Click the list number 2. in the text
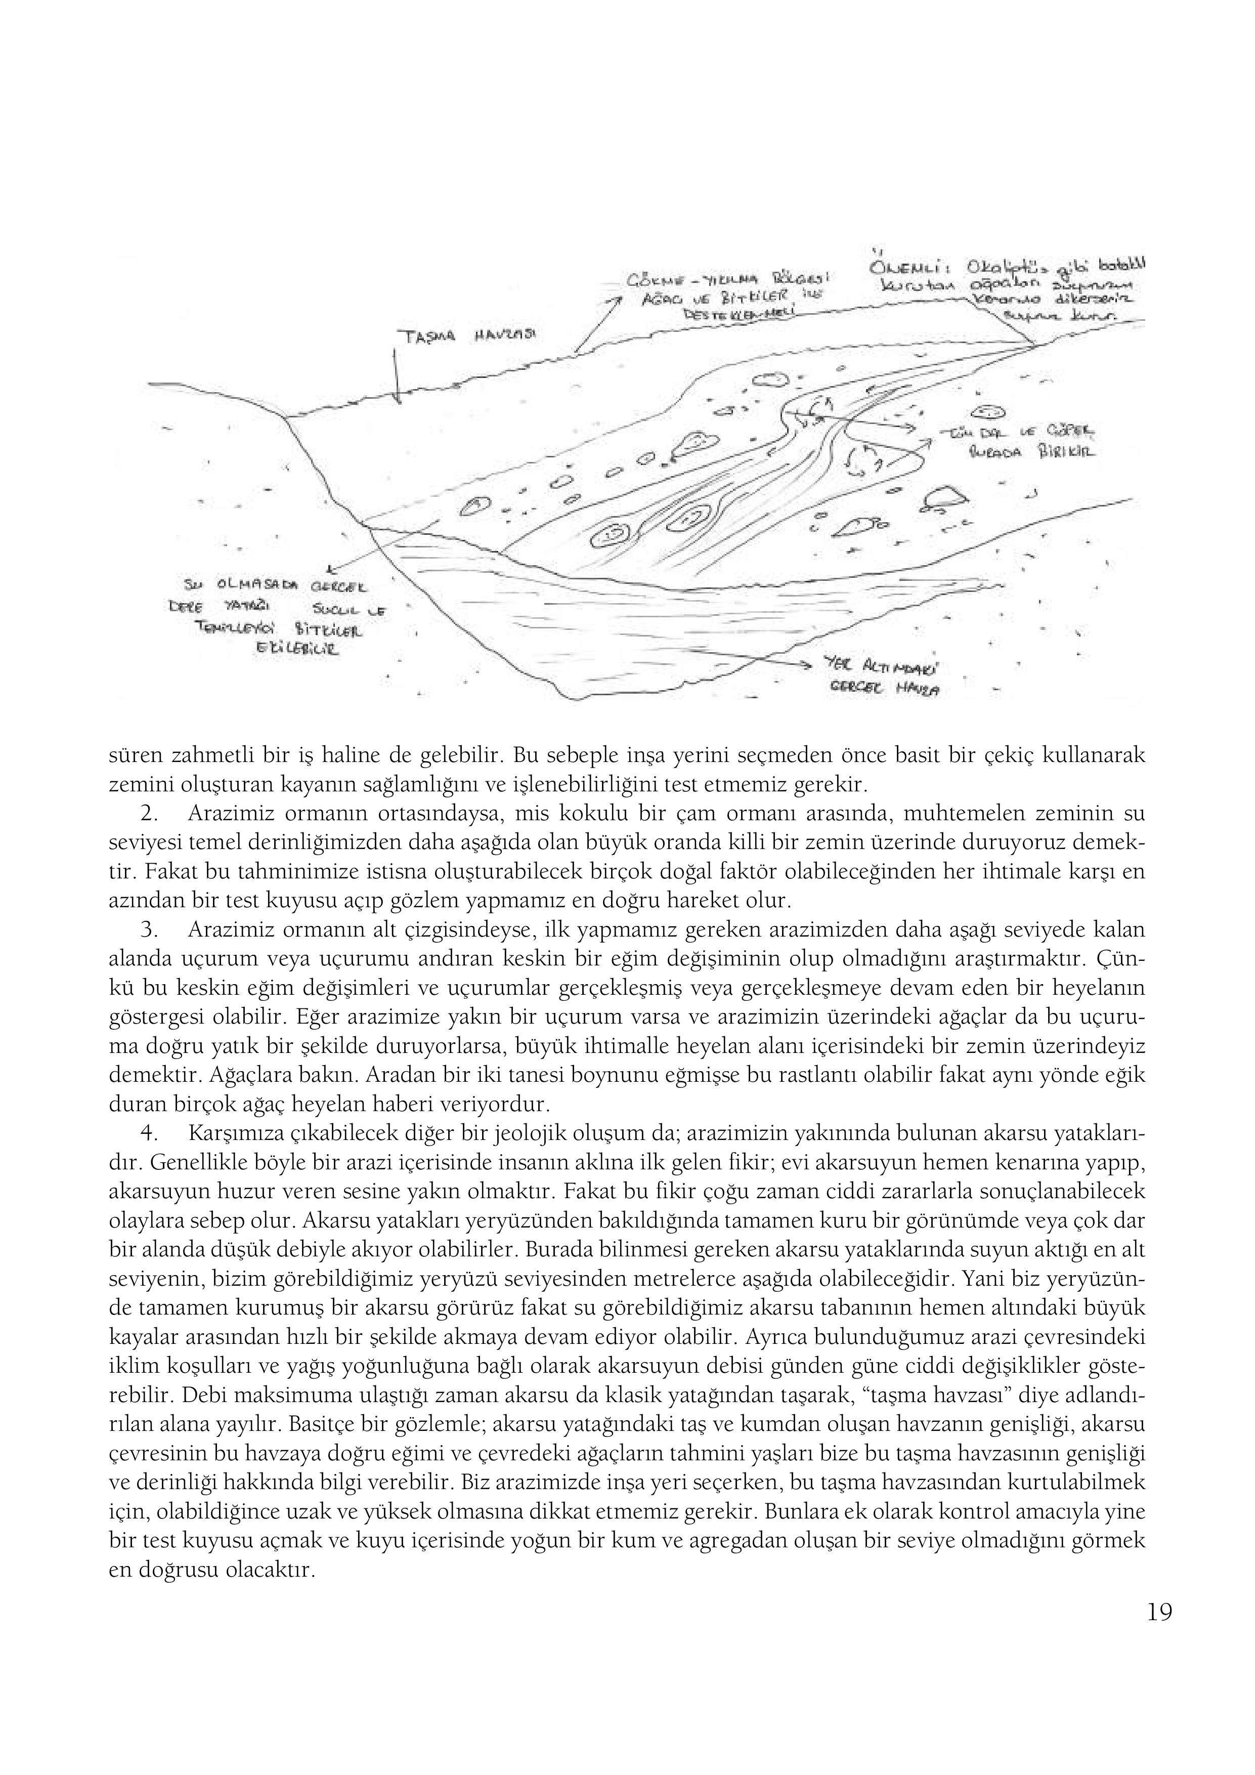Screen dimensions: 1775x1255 [x=151, y=814]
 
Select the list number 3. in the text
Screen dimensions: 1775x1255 [x=151, y=930]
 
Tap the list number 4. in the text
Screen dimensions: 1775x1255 [x=151, y=1133]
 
